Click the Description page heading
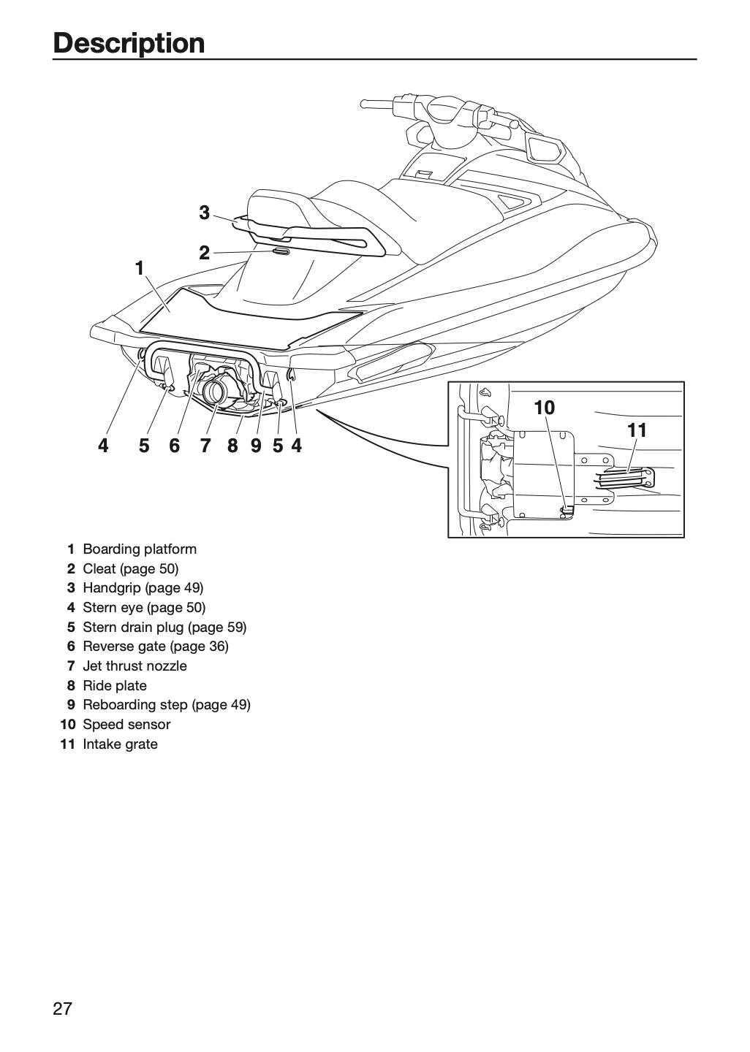(129, 43)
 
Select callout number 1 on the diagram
(140, 269)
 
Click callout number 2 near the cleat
(205, 253)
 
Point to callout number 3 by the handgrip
(205, 213)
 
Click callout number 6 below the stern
(174, 446)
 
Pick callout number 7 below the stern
(205, 446)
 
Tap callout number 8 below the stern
(232, 446)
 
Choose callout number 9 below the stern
(256, 446)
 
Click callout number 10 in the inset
(545, 408)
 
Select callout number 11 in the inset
(637, 430)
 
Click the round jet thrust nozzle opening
(216, 391)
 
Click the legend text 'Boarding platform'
(140, 549)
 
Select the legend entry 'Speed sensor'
(126, 724)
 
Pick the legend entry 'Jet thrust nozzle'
(135, 666)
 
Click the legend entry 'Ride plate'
(115, 686)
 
